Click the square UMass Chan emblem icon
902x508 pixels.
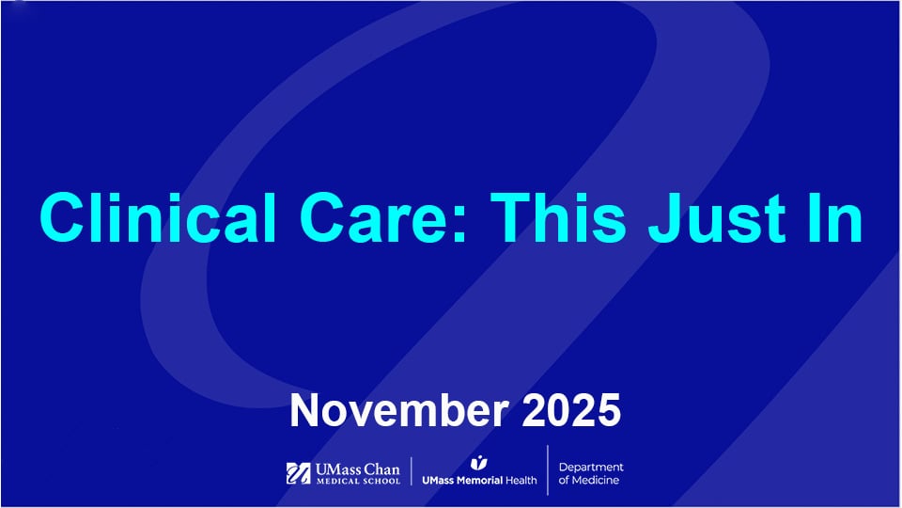point(298,473)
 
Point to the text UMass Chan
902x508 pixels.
point(357,468)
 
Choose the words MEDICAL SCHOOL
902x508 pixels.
point(357,482)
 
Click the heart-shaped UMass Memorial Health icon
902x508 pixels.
point(479,462)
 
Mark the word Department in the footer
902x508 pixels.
point(591,467)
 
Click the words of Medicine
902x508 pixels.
point(589,481)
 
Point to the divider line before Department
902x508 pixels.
point(548,470)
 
